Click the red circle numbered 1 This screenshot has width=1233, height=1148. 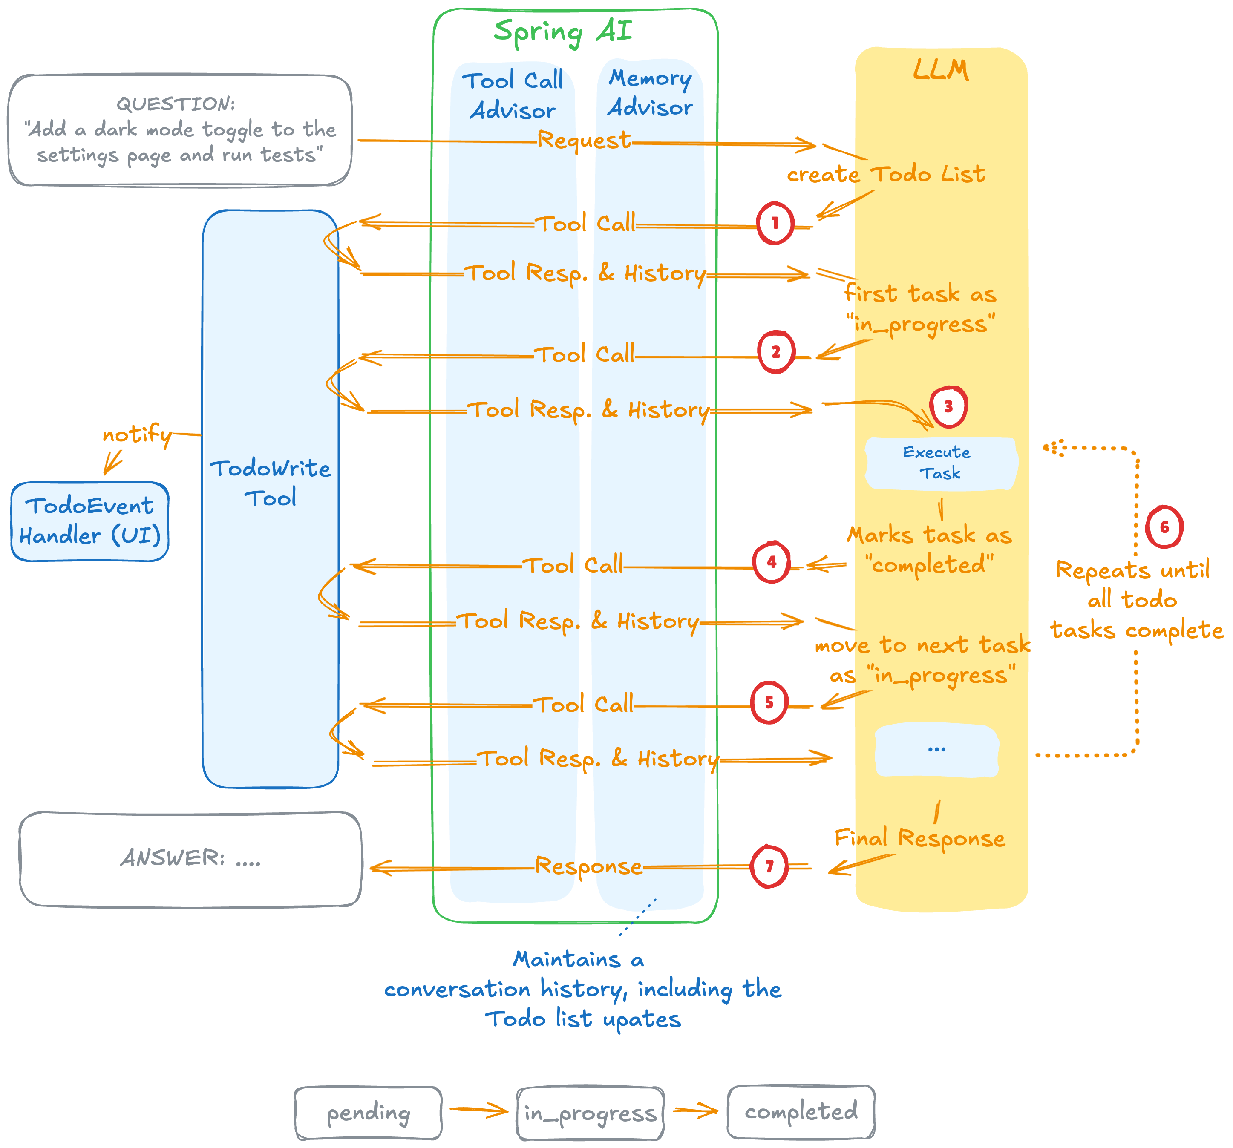tap(775, 223)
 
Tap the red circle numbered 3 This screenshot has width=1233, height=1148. tap(948, 407)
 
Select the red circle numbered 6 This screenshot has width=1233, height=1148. tap(1164, 527)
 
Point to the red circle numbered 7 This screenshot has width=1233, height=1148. tap(769, 866)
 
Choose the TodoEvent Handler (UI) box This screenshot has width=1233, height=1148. tap(90, 521)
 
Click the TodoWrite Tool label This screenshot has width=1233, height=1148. tap(271, 483)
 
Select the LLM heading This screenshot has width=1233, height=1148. tap(940, 70)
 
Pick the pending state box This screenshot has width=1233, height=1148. tap(369, 1113)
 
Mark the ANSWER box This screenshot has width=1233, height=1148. tap(190, 859)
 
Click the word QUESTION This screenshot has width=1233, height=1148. tap(176, 104)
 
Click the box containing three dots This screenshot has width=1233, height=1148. tap(936, 750)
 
